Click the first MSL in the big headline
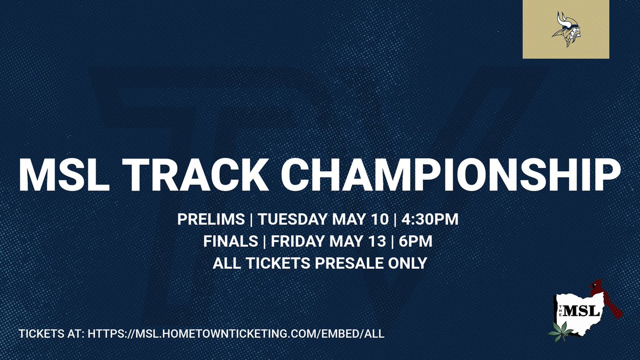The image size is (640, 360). pos(59,173)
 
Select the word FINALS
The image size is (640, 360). pos(230,242)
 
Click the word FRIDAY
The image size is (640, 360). pos(296,242)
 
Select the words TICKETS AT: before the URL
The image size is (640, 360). pos(51,334)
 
